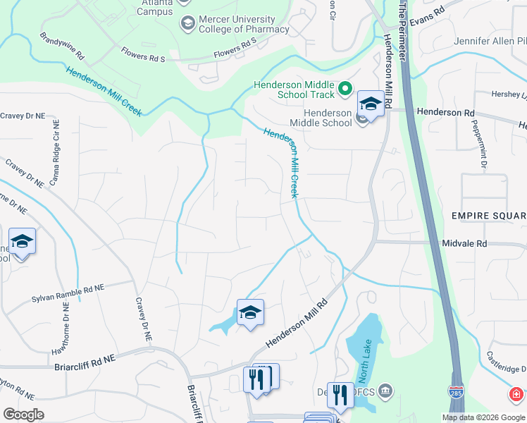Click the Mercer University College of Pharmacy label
coord(244,24)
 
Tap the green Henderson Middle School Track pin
coord(345,89)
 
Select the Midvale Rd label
coord(464,243)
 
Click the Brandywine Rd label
coord(62,44)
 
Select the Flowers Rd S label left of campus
coord(142,54)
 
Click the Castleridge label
coord(506,369)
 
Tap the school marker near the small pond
coord(250,312)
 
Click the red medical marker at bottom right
coord(516,393)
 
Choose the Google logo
coord(23,415)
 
